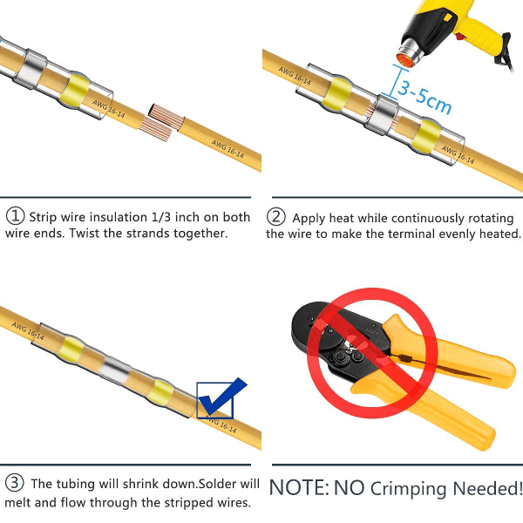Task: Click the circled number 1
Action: point(15,216)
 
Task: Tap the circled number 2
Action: point(275,216)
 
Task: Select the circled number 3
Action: point(15,483)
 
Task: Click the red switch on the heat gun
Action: point(460,36)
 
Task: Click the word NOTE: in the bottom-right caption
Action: point(299,488)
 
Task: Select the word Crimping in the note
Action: point(408,489)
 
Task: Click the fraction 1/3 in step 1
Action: point(161,217)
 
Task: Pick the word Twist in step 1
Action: point(85,233)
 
